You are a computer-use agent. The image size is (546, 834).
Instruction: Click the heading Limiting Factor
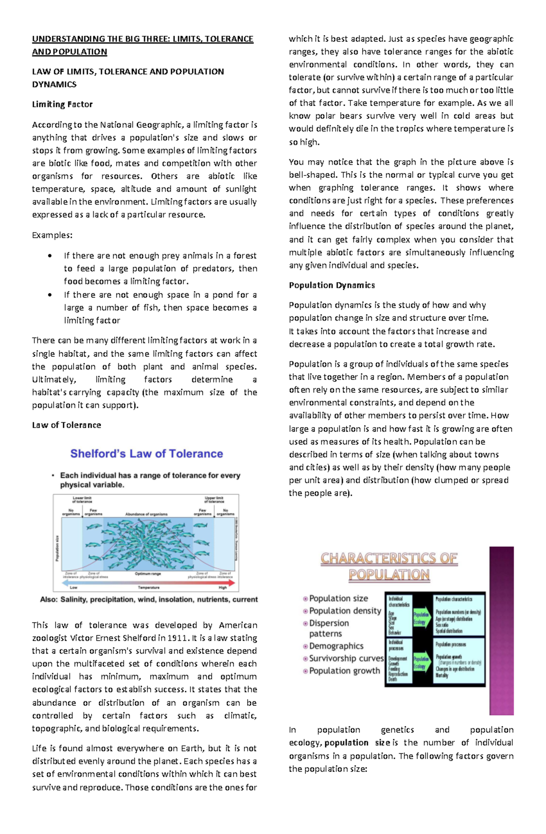coord(62,104)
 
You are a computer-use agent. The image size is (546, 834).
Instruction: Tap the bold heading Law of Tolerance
coord(66,425)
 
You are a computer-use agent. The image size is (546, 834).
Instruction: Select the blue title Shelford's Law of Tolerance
coord(147,454)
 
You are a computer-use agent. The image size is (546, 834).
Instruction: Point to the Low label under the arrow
coord(73,587)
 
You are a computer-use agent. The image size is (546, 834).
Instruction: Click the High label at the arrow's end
coord(222,587)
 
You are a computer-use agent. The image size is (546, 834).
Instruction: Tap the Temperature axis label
coord(148,587)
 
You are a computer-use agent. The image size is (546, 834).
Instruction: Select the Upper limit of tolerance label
coord(214,499)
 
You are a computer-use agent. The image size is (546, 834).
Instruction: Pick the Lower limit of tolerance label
coord(82,499)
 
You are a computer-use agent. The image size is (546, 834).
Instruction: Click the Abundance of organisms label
coord(147,514)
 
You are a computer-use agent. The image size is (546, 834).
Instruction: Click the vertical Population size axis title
coord(57,548)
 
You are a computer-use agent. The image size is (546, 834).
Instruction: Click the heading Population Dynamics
coord(332,285)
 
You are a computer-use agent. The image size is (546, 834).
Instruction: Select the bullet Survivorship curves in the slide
coord(346,658)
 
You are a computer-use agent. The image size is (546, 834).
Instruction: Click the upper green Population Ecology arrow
coord(421,618)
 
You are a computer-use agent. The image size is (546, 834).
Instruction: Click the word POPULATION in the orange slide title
coord(389,574)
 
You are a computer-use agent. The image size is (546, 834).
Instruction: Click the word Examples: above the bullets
coord(52,235)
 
